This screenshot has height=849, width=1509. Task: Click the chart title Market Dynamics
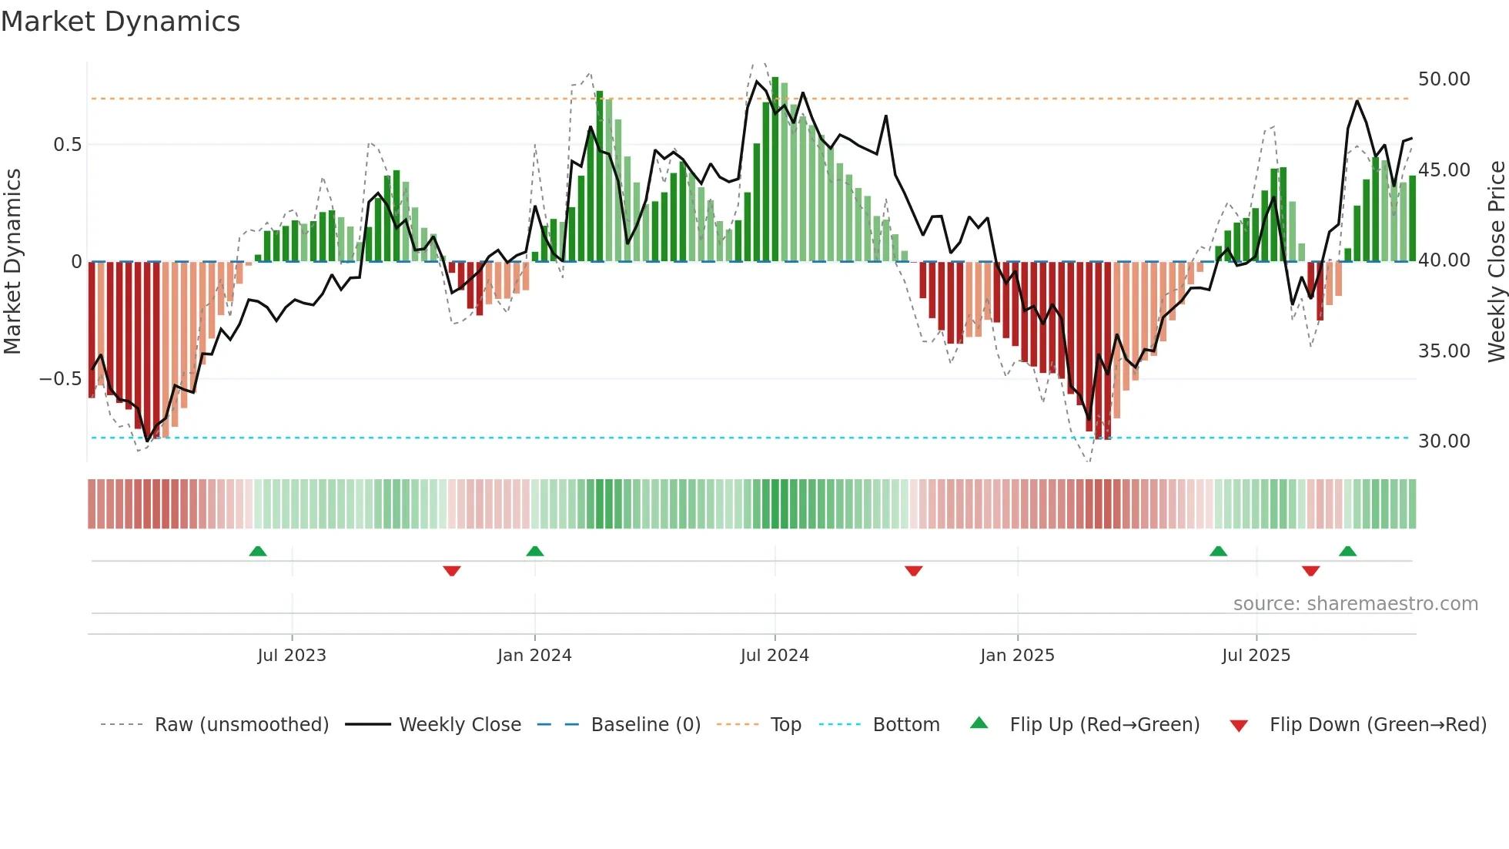120,22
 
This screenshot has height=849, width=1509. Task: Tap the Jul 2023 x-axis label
292,656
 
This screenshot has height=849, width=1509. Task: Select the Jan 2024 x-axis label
534,656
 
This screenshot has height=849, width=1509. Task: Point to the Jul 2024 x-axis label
775,656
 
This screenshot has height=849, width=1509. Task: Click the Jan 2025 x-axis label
1017,656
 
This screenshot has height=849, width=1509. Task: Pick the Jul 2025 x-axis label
1256,656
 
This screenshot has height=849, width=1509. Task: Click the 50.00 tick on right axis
1444,79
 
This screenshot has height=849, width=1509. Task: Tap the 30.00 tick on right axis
1444,441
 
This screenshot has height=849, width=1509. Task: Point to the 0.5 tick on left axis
67,145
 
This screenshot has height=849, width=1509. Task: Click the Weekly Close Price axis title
1496,261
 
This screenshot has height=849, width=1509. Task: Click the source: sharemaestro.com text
1355,604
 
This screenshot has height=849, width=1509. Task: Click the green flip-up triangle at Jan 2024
535,551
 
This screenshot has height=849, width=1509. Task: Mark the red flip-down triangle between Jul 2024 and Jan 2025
914,571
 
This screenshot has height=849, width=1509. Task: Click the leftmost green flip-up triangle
258,551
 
